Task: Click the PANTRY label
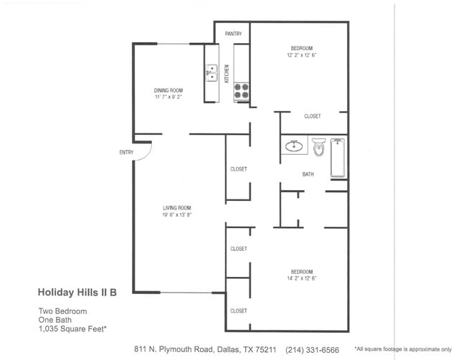(x=233, y=34)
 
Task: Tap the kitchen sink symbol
(x=211, y=72)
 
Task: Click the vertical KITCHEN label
(x=227, y=72)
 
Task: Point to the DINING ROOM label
(x=168, y=90)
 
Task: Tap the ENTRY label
(x=126, y=152)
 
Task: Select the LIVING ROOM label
(x=176, y=208)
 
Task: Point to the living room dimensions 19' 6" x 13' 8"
(x=176, y=214)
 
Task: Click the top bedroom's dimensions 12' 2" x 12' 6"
(x=301, y=55)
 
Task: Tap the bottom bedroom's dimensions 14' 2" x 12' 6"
(x=301, y=278)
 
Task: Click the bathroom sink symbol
(x=294, y=146)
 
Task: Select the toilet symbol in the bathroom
(x=319, y=148)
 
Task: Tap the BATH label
(x=308, y=174)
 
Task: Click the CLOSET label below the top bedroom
(x=312, y=116)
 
